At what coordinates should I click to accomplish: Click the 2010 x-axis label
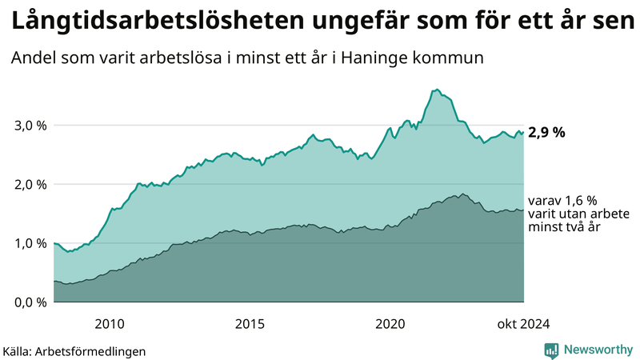110,323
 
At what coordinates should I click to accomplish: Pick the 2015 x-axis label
250,323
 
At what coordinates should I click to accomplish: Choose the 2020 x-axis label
390,323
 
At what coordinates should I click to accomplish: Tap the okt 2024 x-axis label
523,323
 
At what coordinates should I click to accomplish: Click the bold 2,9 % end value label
546,133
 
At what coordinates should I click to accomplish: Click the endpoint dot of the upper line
523,133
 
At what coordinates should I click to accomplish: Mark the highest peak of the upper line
437,90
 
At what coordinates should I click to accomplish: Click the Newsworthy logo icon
551,350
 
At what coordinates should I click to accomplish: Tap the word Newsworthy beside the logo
598,350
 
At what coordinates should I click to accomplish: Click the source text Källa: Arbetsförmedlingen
74,350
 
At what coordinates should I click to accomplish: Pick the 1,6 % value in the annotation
580,201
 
